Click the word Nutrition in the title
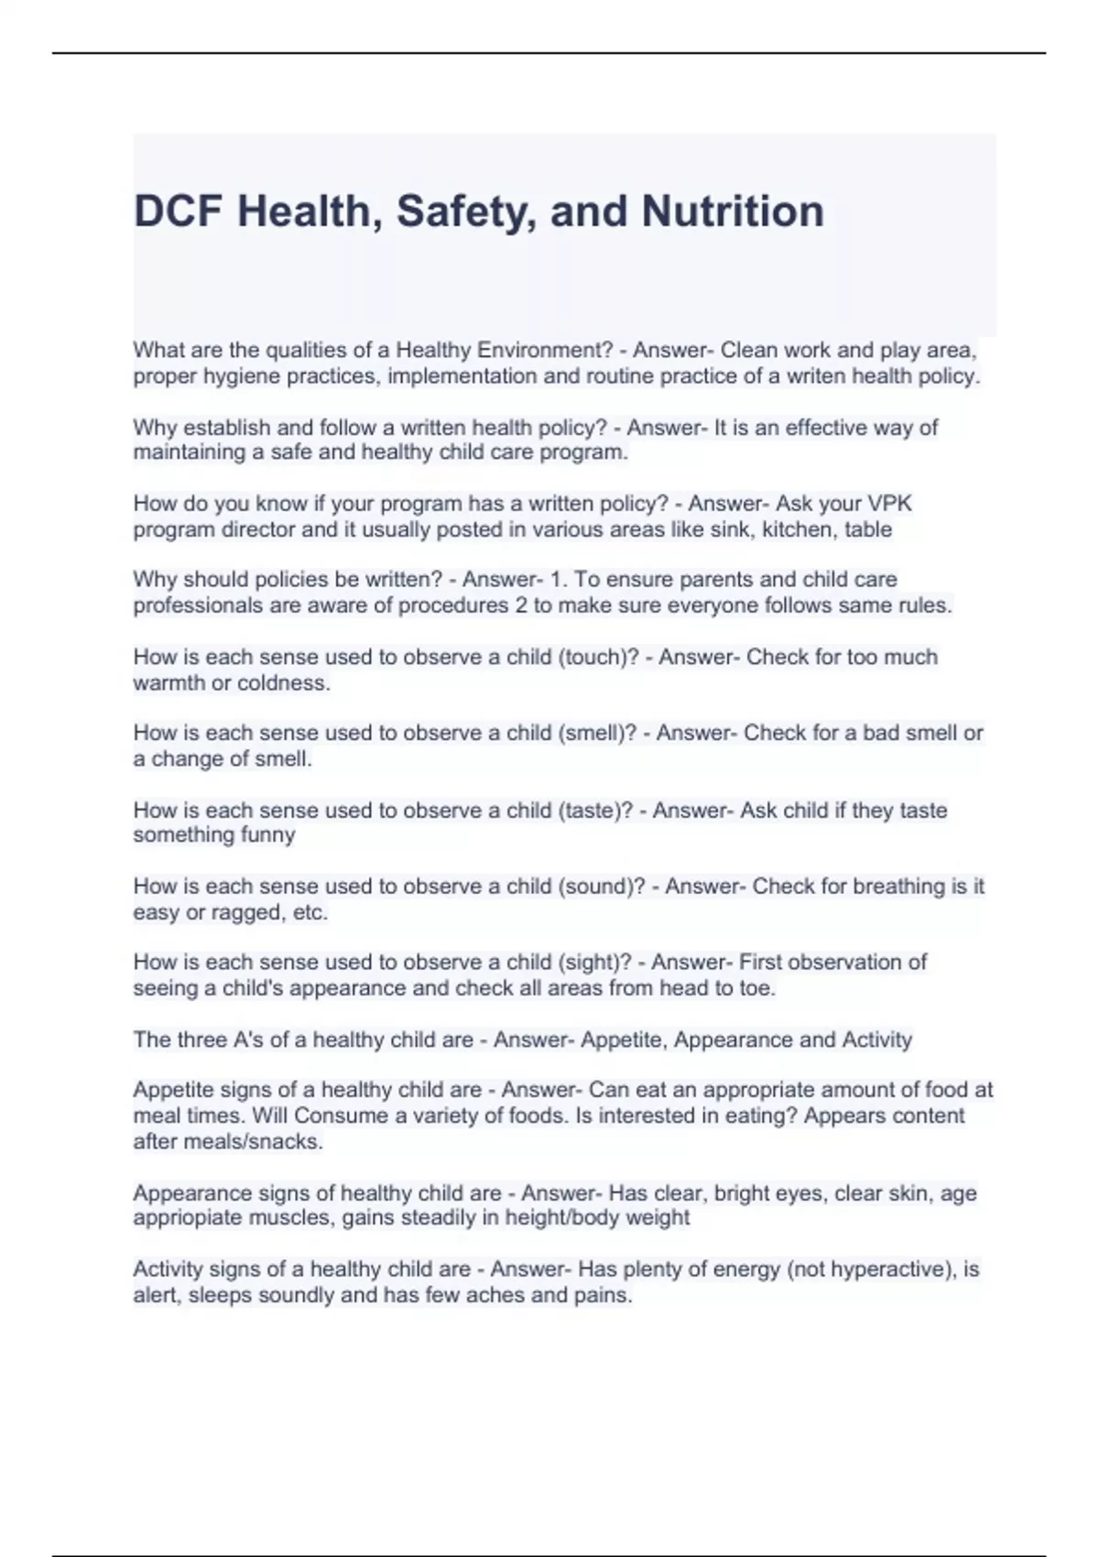[x=733, y=212]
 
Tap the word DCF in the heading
[x=179, y=212]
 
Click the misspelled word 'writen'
[x=815, y=376]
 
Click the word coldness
[x=284, y=683]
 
